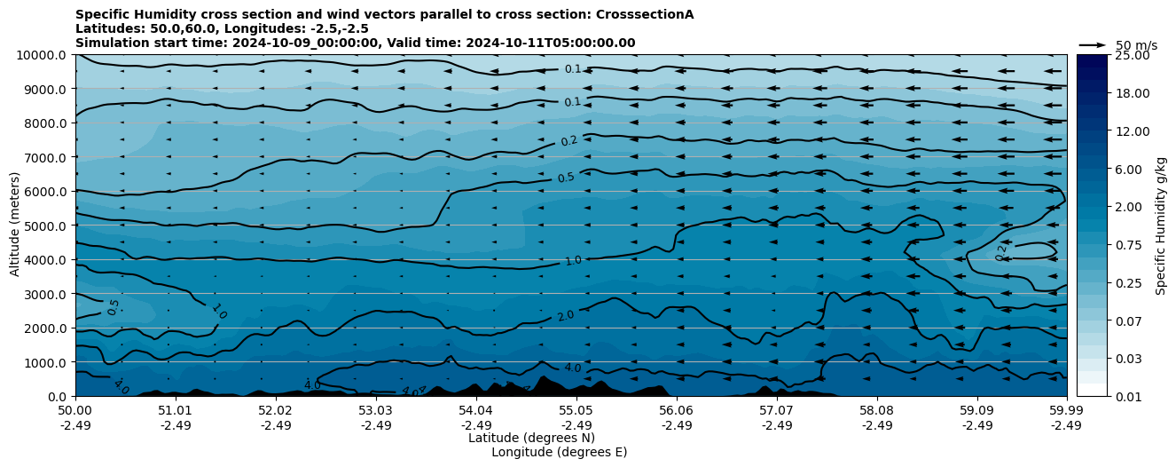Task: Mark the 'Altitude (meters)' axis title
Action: pyautogui.click(x=15, y=226)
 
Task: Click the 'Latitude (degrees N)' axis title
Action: pyautogui.click(x=531, y=438)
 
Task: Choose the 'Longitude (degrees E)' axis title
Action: pyautogui.click(x=559, y=452)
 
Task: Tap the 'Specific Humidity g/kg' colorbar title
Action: pyautogui.click(x=1162, y=226)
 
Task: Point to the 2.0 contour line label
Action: pyautogui.click(x=566, y=316)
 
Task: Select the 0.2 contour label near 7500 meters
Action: pyautogui.click(x=568, y=141)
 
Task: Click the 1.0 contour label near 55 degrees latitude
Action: pyautogui.click(x=573, y=260)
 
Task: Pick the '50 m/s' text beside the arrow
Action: pyautogui.click(x=1136, y=45)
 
